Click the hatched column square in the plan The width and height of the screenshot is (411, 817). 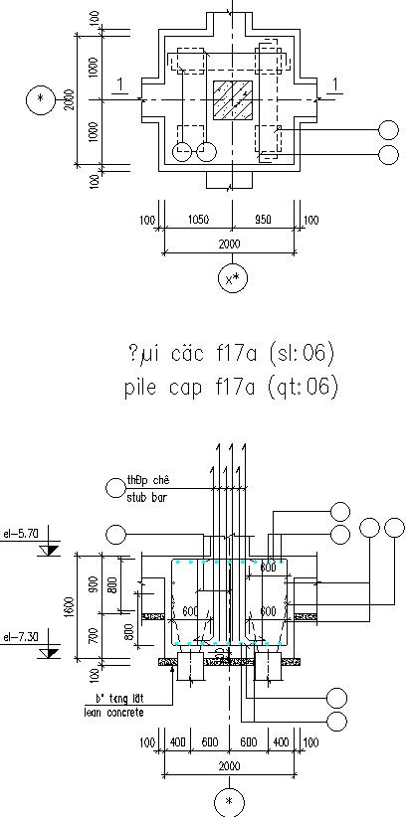[232, 101]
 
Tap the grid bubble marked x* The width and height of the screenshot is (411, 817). [232, 279]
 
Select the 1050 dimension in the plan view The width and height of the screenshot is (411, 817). [198, 220]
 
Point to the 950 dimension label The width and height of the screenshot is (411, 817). [265, 220]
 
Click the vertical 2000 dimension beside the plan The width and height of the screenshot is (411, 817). [68, 100]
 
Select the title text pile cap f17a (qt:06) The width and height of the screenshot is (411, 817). [233, 386]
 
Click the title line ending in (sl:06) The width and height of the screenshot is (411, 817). [233, 353]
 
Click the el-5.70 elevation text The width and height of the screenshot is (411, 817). [21, 533]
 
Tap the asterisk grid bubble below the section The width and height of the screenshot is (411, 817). [230, 801]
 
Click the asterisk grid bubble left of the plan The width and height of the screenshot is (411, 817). [41, 99]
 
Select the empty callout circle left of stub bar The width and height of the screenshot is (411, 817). [111, 486]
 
